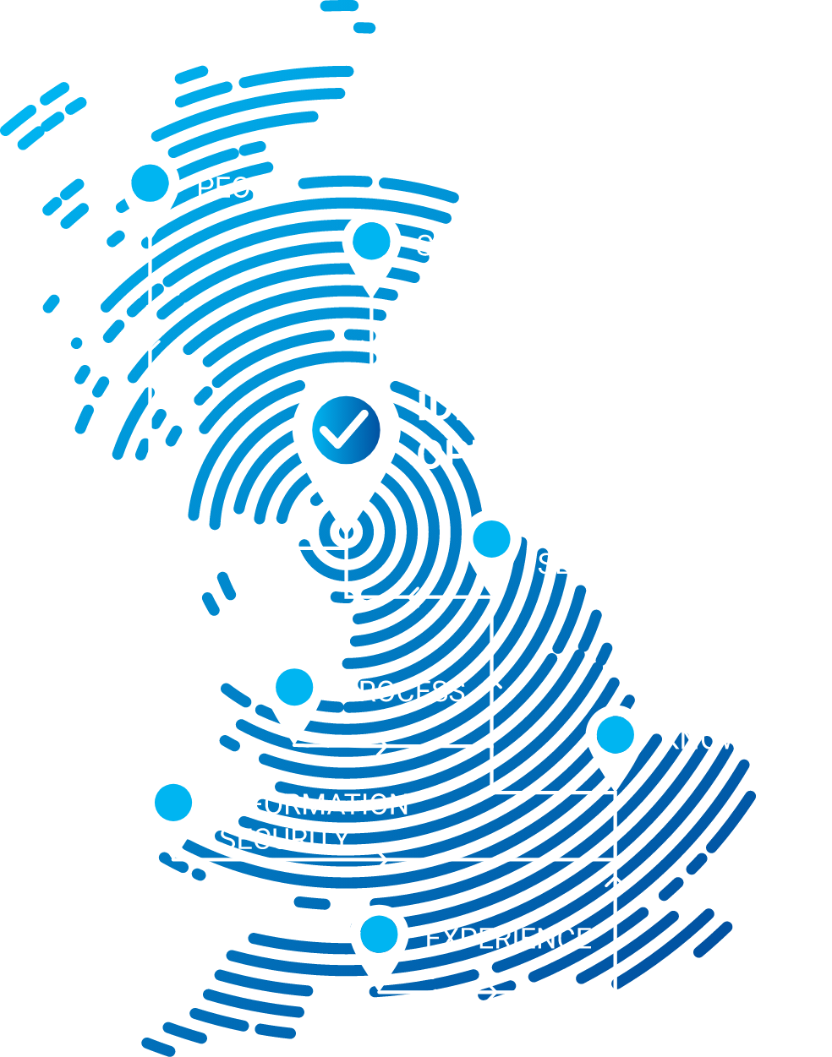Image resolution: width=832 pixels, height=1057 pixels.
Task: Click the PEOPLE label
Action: (x=249, y=188)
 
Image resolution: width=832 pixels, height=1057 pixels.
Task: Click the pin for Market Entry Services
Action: (x=491, y=541)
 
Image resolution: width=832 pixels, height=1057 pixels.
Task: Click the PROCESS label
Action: (x=402, y=691)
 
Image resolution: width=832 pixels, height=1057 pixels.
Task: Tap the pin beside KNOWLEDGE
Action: (x=615, y=737)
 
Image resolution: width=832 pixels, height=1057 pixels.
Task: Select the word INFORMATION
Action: (x=314, y=804)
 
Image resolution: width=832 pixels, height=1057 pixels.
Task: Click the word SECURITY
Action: (x=284, y=839)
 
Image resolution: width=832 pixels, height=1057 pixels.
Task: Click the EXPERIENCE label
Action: (x=508, y=939)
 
